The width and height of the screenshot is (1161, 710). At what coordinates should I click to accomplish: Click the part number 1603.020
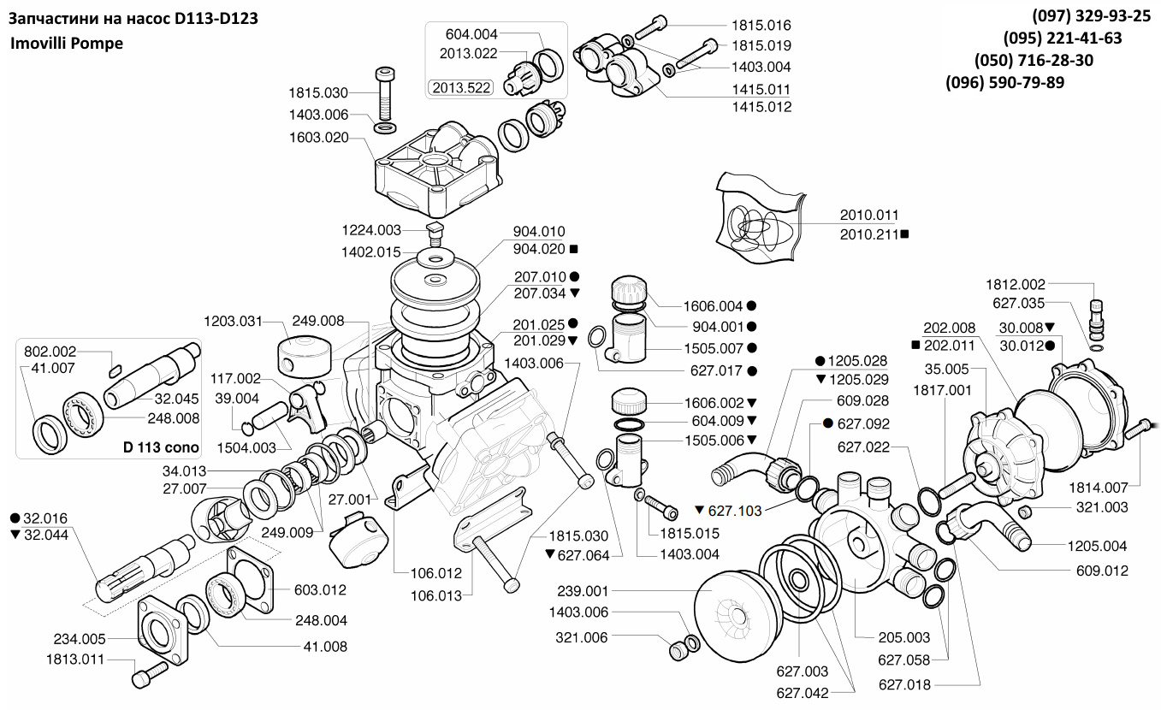(318, 137)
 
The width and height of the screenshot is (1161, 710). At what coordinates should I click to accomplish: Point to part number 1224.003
(371, 230)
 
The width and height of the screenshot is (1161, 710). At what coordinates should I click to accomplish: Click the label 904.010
(539, 232)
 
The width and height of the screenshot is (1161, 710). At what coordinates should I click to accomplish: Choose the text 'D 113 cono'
(161, 447)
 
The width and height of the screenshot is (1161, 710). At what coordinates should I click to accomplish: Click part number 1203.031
(233, 321)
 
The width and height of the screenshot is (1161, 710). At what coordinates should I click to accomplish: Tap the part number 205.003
(903, 636)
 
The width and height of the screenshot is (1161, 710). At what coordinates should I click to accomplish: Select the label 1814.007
(1098, 487)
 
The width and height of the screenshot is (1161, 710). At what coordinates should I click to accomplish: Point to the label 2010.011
(868, 215)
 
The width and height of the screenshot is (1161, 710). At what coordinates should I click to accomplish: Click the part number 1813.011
(75, 660)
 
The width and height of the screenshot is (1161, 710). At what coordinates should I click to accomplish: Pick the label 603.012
(321, 589)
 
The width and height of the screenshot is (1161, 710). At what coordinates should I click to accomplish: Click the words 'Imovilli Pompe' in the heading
(67, 43)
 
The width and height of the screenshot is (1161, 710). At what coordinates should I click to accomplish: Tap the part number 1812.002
(1016, 283)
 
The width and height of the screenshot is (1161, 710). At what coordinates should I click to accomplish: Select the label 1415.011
(761, 89)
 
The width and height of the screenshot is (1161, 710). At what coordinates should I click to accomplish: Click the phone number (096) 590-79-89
(1005, 83)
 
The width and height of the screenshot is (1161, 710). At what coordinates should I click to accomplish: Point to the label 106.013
(436, 595)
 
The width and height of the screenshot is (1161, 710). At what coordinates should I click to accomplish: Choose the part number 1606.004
(713, 305)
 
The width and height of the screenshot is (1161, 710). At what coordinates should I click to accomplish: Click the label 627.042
(803, 693)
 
